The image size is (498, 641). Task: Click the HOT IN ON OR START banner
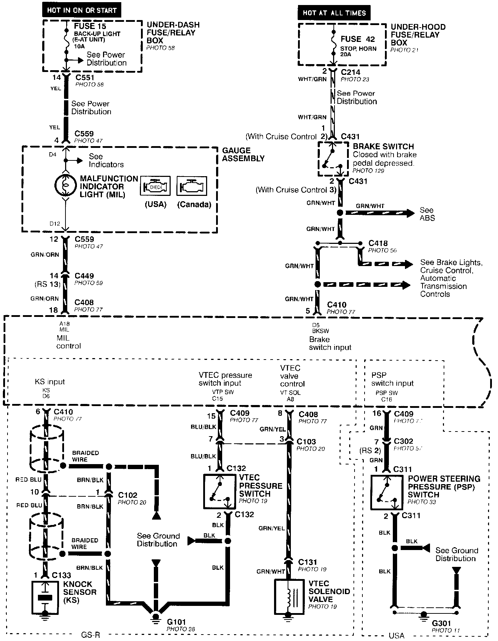[82, 10]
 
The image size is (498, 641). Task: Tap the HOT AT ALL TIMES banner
[334, 13]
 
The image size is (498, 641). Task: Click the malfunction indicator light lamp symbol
[65, 186]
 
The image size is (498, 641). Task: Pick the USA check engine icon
[155, 186]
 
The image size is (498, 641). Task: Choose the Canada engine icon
[192, 186]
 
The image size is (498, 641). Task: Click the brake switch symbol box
[333, 159]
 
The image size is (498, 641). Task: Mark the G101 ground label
[176, 622]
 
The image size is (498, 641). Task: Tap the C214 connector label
[350, 72]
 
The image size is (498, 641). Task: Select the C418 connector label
[378, 243]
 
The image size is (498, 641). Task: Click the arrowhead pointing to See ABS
[409, 213]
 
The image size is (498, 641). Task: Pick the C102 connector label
[127, 495]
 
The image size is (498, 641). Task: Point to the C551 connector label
[85, 77]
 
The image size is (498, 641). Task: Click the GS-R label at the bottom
[90, 635]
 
